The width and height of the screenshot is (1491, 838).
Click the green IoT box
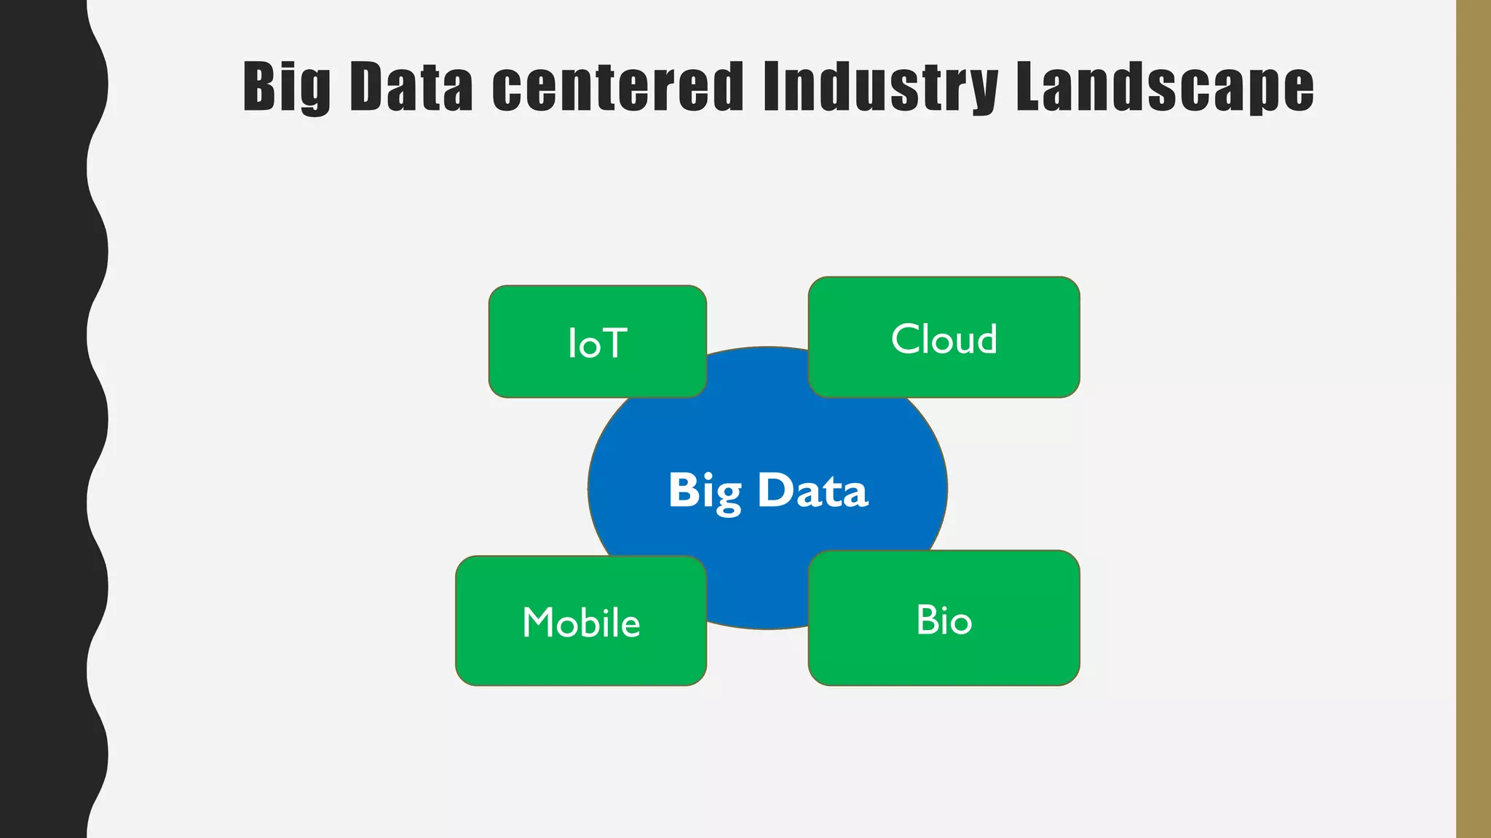click(597, 341)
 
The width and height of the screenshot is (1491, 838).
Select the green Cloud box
click(944, 338)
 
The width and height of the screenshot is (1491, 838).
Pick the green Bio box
click(944, 618)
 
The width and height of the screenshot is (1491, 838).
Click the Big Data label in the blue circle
click(768, 490)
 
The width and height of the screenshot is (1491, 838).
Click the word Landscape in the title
click(1165, 87)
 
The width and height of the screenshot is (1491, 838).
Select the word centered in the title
click(617, 87)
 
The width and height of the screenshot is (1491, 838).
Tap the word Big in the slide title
click(286, 87)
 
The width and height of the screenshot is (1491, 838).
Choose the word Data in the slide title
click(412, 87)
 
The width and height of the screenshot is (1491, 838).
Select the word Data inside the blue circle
click(812, 490)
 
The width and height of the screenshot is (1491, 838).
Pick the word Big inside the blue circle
click(705, 491)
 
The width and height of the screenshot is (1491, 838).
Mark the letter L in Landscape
click(1032, 87)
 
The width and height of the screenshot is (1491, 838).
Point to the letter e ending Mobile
click(630, 625)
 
